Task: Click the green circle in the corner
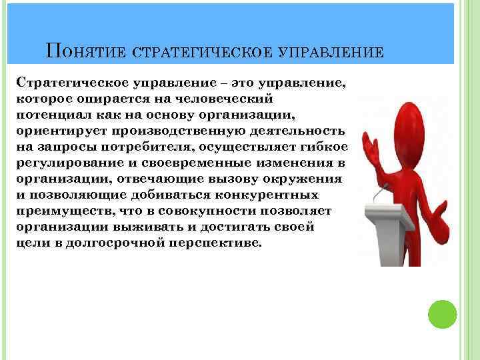pos(441,313)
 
